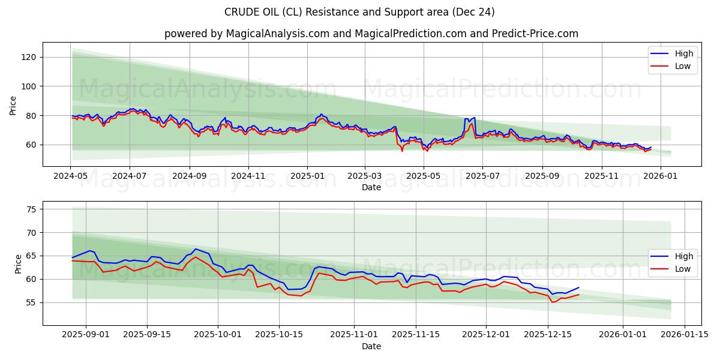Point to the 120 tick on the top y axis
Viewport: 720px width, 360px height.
pos(30,57)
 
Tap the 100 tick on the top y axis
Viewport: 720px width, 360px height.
pos(30,86)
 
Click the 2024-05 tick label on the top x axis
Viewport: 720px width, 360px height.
pos(71,177)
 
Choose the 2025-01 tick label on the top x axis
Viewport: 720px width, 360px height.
pos(307,177)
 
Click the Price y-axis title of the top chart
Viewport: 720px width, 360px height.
pos(13,106)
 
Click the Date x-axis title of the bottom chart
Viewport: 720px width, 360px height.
pos(371,347)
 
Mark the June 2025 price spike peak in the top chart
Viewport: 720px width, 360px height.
pos(474,118)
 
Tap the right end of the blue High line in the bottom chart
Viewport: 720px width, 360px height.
pos(579,287)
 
